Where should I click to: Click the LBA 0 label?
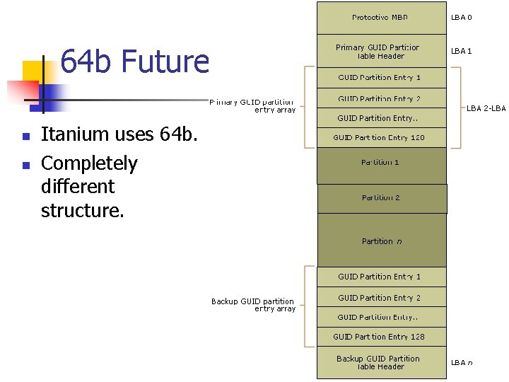[x=462, y=18]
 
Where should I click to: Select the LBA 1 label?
[x=462, y=51]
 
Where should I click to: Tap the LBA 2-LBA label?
[x=486, y=108]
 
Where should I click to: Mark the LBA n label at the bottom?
[x=462, y=363]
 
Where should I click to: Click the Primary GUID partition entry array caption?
[x=252, y=105]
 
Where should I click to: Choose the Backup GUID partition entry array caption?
[x=252, y=305]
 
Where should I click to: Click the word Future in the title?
[x=165, y=62]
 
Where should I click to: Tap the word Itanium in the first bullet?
[x=75, y=134]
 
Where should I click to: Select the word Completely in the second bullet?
[x=89, y=163]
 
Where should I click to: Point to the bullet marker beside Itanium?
[x=25, y=136]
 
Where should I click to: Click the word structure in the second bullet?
[x=82, y=210]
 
